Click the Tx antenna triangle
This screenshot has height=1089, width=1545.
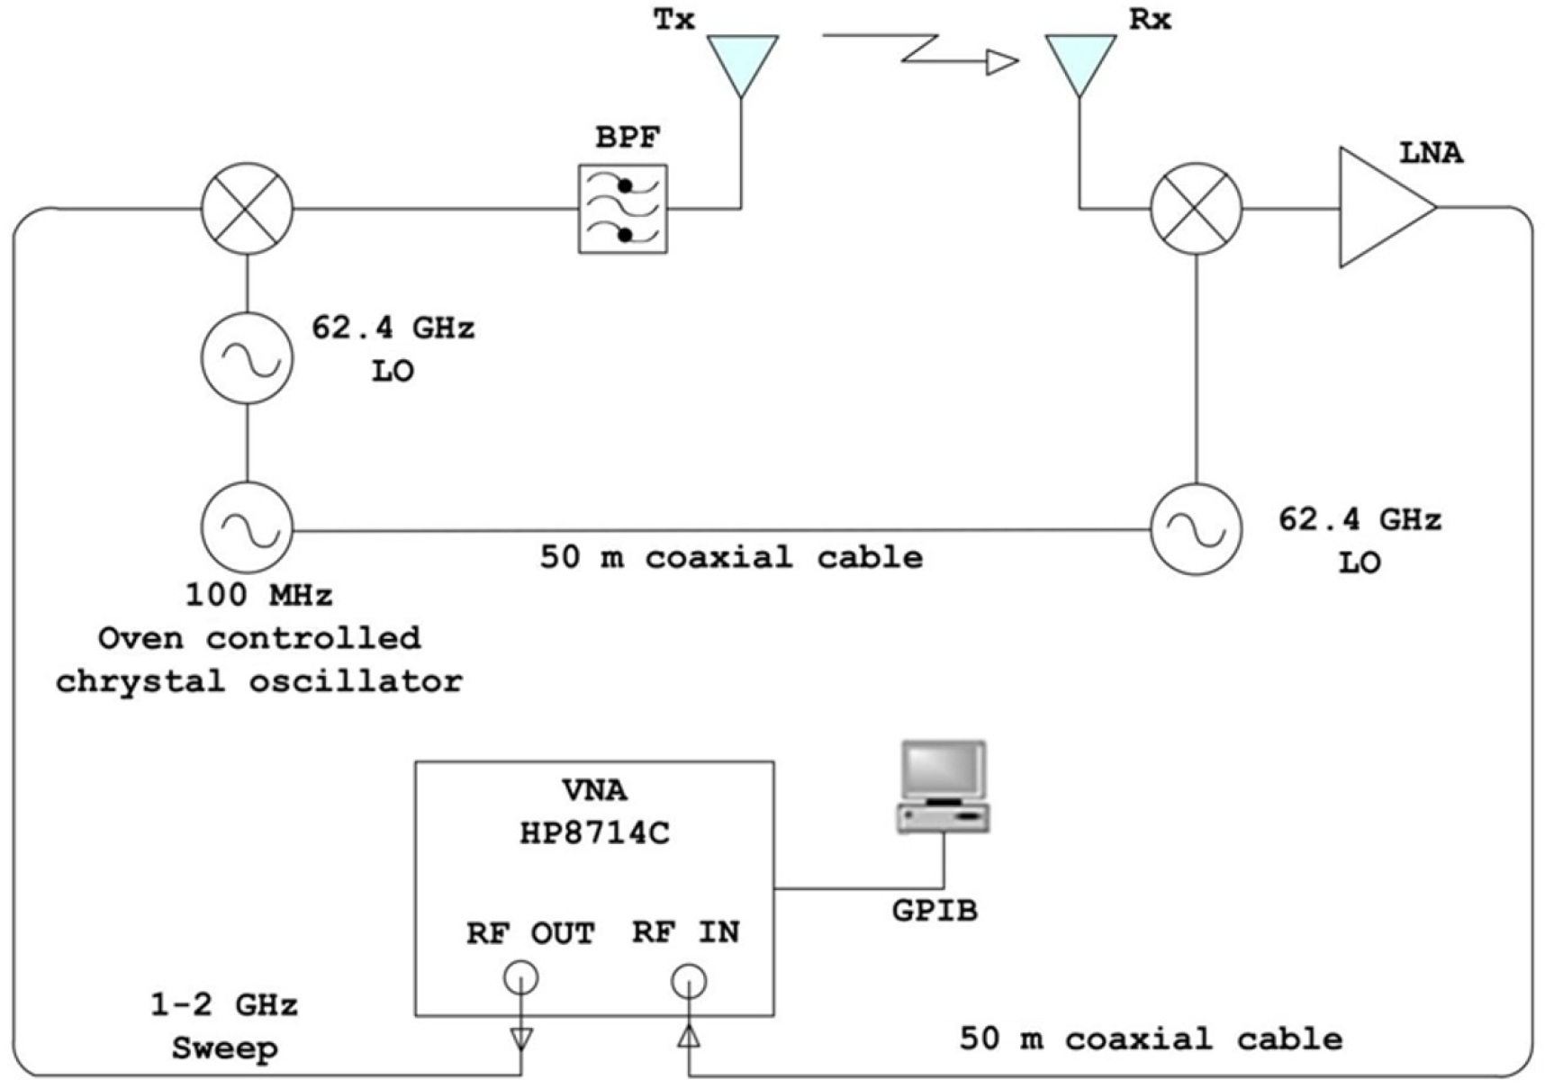click(742, 59)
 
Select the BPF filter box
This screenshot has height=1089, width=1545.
click(623, 209)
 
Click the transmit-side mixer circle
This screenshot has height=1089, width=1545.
click(247, 208)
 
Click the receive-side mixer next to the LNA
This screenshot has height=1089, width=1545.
click(1196, 208)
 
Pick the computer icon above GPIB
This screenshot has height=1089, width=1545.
click(944, 786)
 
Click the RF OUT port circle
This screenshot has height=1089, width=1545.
click(521, 977)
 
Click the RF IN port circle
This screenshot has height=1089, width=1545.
click(689, 981)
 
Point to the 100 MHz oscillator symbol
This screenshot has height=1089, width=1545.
click(247, 528)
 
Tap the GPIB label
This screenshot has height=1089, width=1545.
click(935, 911)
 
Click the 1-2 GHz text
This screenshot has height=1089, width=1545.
click(223, 1004)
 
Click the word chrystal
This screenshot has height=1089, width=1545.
click(140, 681)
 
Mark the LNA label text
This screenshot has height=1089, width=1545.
click(1431, 153)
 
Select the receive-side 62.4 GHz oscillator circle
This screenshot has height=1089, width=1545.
click(1196, 529)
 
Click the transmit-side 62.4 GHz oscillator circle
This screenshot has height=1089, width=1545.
click(247, 357)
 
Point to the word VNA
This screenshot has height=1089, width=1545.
click(594, 790)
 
